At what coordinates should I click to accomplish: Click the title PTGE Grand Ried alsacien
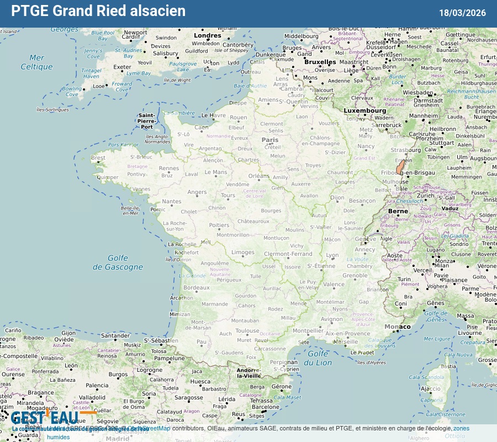pos(98,11)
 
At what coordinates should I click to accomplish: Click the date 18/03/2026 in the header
pos(463,13)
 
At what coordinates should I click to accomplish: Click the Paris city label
pos(270,140)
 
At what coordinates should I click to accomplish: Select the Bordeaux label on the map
pos(197,288)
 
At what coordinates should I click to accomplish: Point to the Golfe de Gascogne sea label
pos(118,262)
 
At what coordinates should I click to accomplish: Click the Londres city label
pos(208,36)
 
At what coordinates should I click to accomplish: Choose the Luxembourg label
pos(365,110)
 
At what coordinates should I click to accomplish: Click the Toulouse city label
pos(247,331)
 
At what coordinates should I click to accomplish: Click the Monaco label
pos(398,327)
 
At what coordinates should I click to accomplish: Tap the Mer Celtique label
pos(36,62)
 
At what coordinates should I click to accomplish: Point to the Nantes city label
pos(171,202)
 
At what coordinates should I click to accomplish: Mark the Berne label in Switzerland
pos(398,211)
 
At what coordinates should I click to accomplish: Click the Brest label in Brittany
pos(98,157)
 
